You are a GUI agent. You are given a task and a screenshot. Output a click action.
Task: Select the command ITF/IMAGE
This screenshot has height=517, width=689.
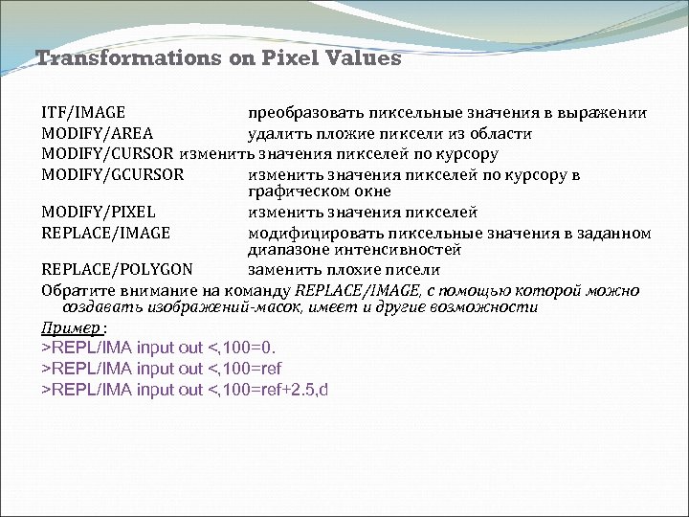tap(83, 113)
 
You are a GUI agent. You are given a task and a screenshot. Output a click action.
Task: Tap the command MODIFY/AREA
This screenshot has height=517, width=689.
tap(98, 134)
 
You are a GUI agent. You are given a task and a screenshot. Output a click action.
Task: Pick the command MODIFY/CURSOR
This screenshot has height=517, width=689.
tap(108, 154)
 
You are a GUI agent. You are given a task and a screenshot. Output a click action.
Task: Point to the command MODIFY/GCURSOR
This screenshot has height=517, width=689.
tap(113, 175)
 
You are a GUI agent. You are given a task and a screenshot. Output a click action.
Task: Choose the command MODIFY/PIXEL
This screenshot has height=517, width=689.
tap(99, 213)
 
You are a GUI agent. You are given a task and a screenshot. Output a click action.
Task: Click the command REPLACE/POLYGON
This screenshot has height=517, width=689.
tap(117, 269)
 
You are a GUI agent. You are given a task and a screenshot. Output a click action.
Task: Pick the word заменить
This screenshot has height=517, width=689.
tap(280, 269)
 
